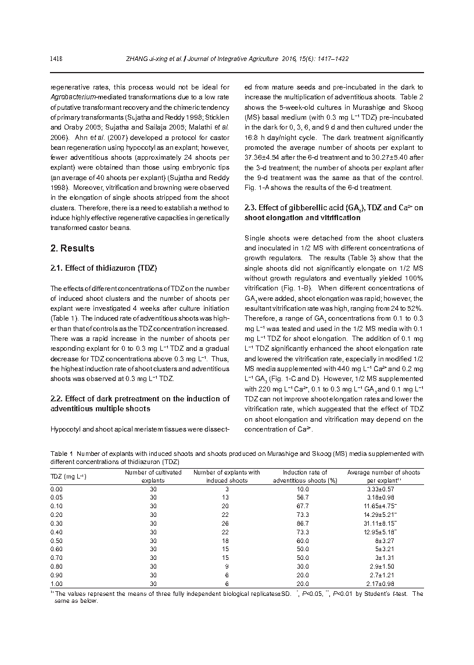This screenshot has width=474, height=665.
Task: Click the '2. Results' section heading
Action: point(72,248)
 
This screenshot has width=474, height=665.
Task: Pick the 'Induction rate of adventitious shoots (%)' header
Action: point(305,476)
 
